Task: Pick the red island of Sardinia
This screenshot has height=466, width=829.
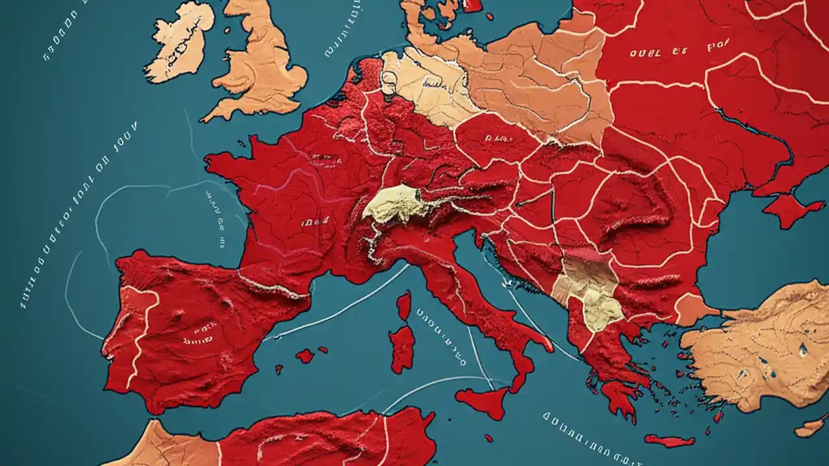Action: point(402,349)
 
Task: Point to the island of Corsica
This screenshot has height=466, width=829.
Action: point(404,305)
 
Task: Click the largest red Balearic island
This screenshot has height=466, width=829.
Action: point(304,355)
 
